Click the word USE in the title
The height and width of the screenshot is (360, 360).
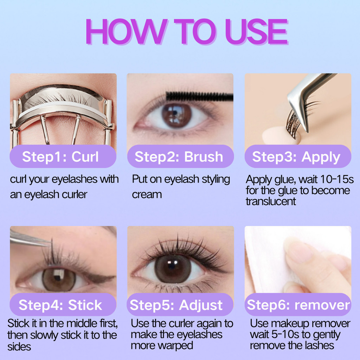(256, 31)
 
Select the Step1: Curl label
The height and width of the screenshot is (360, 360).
(60, 157)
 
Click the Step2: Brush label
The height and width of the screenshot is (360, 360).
(179, 157)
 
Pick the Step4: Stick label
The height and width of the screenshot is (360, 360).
(60, 305)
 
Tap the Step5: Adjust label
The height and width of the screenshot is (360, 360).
(176, 306)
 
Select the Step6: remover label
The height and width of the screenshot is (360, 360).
(298, 305)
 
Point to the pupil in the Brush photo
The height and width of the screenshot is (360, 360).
(176, 115)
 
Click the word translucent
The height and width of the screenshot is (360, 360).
(271, 201)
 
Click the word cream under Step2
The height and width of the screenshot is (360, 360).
(147, 195)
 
